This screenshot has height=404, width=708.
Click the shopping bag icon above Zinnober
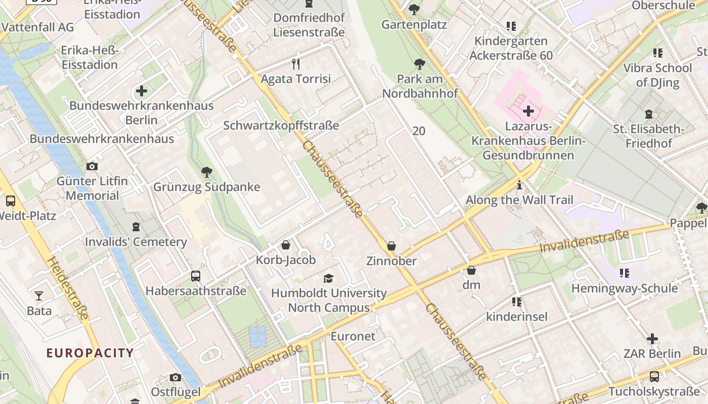coord(391,246)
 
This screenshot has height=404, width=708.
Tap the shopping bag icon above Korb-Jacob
coord(286,245)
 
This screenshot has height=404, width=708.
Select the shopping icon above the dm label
coord(471,270)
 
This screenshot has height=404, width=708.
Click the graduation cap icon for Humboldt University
coord(329,278)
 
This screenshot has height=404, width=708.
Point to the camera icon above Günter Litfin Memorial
coord(92,166)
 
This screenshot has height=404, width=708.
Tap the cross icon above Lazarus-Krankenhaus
coord(528,111)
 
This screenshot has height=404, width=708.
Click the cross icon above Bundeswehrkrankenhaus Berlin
coord(142,91)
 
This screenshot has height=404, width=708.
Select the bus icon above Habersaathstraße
coord(196,276)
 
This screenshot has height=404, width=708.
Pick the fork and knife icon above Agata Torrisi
coord(296,64)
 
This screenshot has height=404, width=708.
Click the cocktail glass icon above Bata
coord(39,295)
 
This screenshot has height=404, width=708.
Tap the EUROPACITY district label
coord(90,353)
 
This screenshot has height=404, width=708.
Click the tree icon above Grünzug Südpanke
coord(206,172)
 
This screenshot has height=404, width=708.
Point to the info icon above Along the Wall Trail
coord(519,185)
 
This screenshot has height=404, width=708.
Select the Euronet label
coord(353,336)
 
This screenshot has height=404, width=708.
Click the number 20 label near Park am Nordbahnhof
coord(419,131)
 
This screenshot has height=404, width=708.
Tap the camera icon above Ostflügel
coord(175,377)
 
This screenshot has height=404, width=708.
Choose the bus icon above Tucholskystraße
coord(654,376)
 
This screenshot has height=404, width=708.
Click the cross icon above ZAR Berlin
coord(652,338)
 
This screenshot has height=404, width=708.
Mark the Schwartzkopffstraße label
coord(281,126)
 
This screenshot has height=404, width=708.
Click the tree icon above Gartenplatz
coord(414,9)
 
